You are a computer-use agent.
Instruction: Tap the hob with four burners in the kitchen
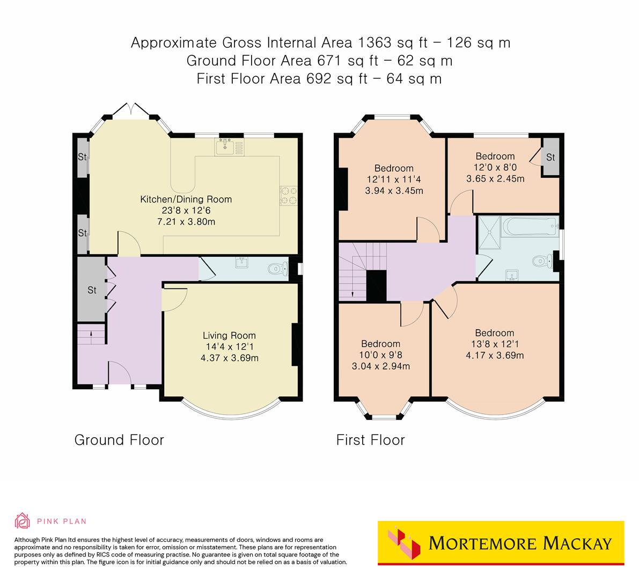(x=288, y=195)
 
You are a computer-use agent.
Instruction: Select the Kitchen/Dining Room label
(x=186, y=199)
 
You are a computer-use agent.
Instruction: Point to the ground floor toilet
(x=276, y=267)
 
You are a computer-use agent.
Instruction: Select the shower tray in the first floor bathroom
(x=489, y=233)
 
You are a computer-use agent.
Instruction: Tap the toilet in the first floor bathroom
(x=542, y=262)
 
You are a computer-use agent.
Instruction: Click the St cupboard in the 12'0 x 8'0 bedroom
(x=550, y=157)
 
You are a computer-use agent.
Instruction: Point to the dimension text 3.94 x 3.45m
(x=394, y=191)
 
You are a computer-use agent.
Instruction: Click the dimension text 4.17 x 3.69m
(x=494, y=355)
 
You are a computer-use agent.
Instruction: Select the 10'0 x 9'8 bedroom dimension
(x=380, y=355)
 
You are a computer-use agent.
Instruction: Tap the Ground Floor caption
(x=119, y=440)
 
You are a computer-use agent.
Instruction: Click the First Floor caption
(x=370, y=440)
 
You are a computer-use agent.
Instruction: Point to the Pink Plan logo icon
(x=23, y=520)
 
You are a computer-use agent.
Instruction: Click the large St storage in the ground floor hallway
(x=92, y=290)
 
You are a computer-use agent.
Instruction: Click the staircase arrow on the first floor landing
(x=352, y=293)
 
